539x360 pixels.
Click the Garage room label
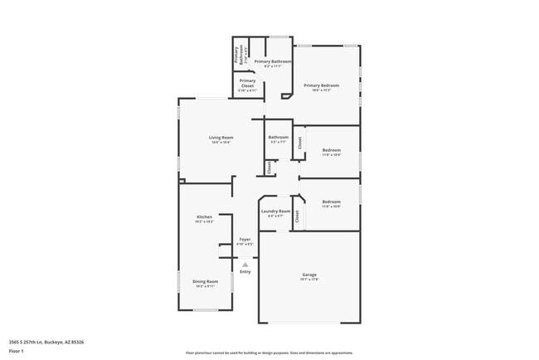point(308,275)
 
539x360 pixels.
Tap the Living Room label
point(221,137)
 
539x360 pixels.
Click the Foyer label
point(245,239)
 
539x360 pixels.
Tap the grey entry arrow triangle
point(245,265)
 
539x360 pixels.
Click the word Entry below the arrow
point(245,272)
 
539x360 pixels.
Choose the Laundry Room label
point(275,211)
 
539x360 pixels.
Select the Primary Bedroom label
point(321,85)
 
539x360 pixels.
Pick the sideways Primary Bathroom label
point(237,56)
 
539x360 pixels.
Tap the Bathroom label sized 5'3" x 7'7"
point(278,138)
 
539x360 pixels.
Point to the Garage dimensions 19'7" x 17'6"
point(308,280)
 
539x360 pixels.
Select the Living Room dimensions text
point(221,143)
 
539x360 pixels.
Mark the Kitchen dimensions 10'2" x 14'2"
point(204,221)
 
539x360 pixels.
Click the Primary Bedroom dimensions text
point(321,90)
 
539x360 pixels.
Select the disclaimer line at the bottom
point(269,352)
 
